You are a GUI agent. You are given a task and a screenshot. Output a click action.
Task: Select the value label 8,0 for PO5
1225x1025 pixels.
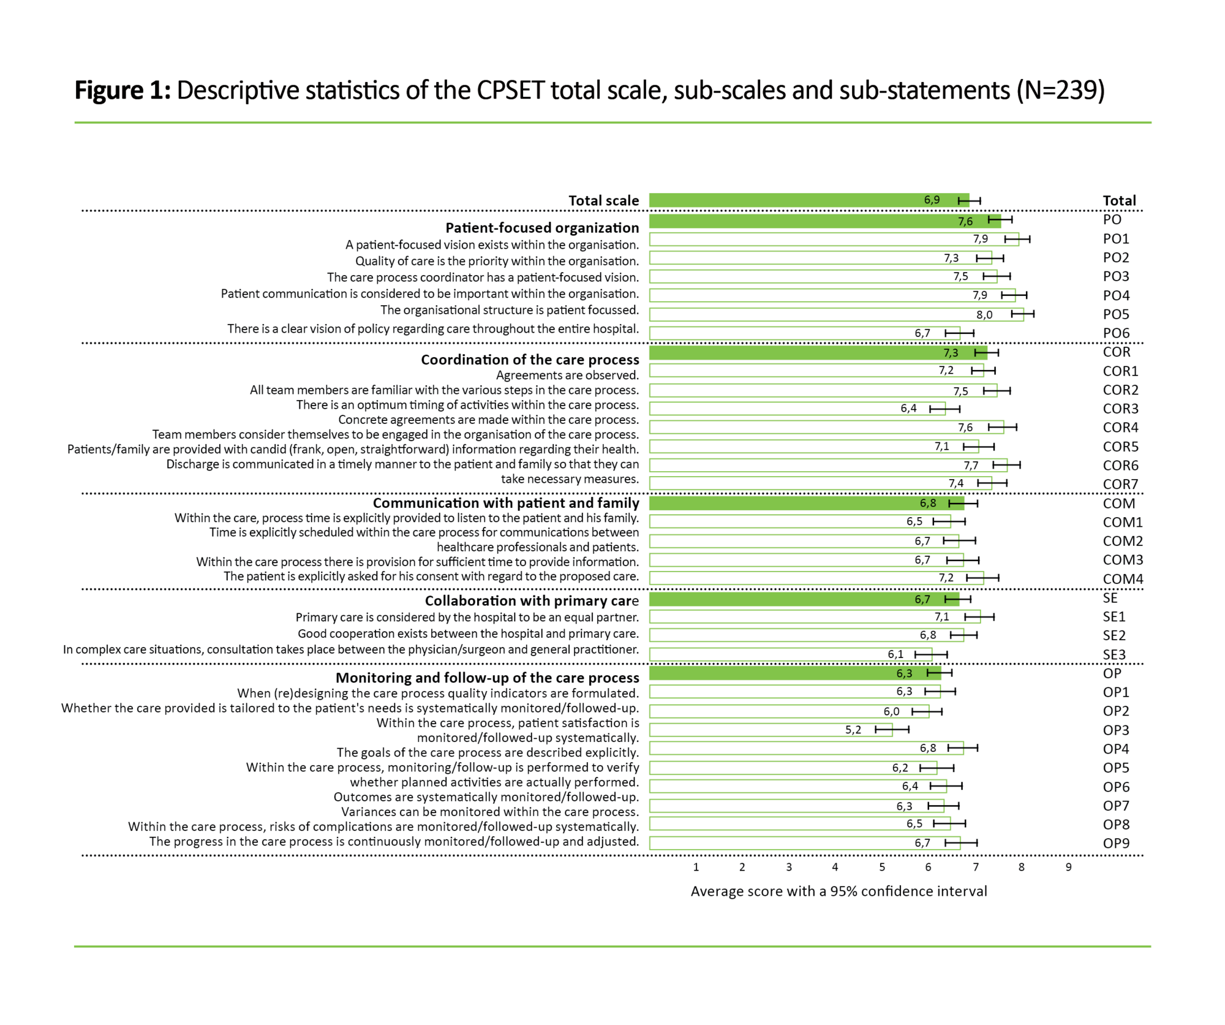coord(984,315)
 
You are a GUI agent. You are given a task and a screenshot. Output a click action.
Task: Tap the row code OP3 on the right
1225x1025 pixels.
coord(1115,730)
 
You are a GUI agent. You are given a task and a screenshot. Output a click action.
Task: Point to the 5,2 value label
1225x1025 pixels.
coord(853,730)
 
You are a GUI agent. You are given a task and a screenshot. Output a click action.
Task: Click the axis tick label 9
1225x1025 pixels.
coord(1068,867)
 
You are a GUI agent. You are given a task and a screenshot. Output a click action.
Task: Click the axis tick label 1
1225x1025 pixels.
coord(696,867)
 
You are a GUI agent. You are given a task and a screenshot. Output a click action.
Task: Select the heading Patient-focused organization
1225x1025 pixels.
coord(541,228)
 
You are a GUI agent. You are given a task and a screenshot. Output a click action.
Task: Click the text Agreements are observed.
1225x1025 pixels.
coord(567,375)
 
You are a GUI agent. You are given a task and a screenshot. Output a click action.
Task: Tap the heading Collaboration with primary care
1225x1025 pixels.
coord(532,601)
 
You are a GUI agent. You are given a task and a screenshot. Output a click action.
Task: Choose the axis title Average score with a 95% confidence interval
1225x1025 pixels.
coord(839,891)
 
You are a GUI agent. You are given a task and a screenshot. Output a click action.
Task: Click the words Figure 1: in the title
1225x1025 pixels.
coord(123,91)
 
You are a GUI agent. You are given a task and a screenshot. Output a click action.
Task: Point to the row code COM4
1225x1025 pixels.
coord(1122,579)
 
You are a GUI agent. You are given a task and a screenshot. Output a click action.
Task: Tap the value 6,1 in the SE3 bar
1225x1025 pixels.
coord(895,654)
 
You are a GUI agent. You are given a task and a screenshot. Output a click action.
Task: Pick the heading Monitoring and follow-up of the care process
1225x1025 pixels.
coord(487,678)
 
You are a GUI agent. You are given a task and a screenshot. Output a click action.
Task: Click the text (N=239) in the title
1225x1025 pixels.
coord(1060,91)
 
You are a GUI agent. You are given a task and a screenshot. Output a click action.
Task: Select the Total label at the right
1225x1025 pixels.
coord(1119,200)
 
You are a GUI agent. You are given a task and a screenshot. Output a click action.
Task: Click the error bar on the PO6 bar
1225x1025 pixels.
coord(959,333)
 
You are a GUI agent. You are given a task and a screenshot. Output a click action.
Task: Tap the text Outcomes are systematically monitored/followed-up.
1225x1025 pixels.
coord(486,797)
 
